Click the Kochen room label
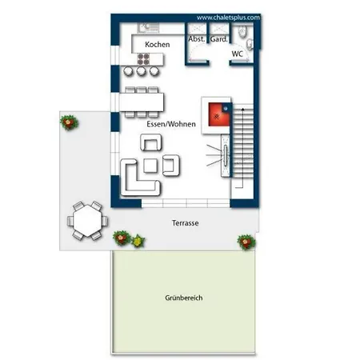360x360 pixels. (157, 45)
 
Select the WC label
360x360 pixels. (237, 54)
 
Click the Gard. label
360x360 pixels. (218, 38)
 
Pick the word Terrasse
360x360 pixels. (184, 225)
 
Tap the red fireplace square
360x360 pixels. (216, 117)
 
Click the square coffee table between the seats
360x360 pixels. (150, 166)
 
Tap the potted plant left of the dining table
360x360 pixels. (69, 122)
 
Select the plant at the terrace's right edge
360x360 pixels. (244, 239)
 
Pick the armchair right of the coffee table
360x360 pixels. (170, 166)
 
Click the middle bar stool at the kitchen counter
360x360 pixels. (141, 72)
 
